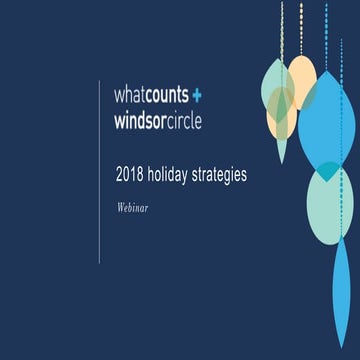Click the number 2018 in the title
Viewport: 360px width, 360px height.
(130, 174)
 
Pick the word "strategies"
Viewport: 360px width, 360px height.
(220, 175)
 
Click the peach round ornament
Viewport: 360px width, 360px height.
(301, 80)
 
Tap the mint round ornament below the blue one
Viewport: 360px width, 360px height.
(330, 205)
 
